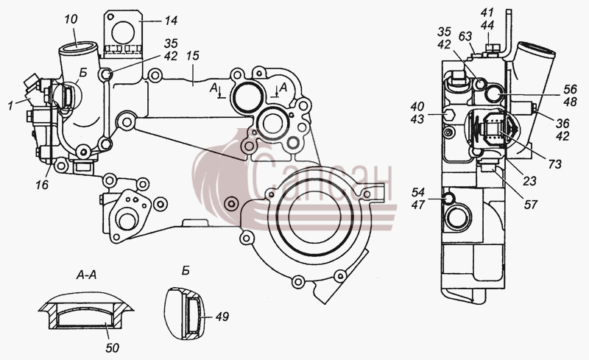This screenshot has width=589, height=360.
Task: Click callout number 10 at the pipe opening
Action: [x=71, y=19]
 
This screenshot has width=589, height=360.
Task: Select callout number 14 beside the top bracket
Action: [x=171, y=21]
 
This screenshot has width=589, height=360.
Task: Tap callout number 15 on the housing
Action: [x=193, y=57]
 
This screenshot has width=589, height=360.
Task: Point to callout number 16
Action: [x=43, y=184]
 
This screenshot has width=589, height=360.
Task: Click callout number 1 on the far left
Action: [x=11, y=106]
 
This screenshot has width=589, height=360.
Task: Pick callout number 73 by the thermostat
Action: [x=554, y=164]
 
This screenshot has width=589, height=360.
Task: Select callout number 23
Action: [x=529, y=181]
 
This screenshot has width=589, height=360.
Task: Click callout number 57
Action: [x=530, y=205]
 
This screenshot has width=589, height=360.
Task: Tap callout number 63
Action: [x=465, y=37]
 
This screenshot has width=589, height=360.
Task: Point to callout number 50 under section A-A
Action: [x=112, y=348]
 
